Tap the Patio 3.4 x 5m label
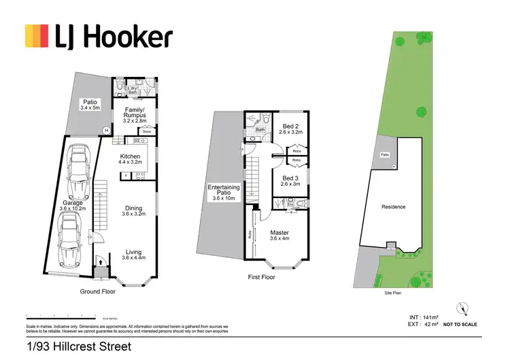(x=90, y=104)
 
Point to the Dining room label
(x=133, y=210)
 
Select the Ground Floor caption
(x=97, y=291)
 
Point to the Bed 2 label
(x=290, y=129)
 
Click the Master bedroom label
(x=279, y=235)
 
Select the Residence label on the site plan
(x=393, y=207)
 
